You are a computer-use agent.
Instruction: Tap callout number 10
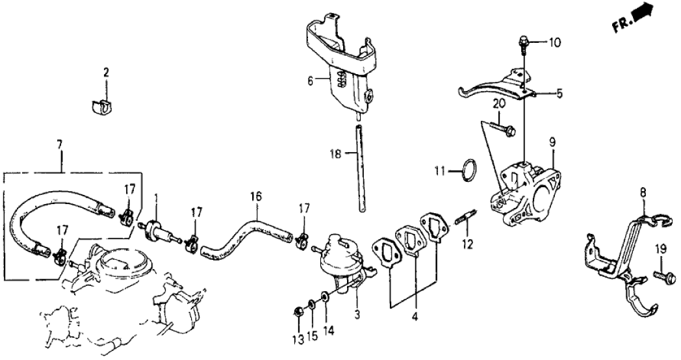(x=554, y=44)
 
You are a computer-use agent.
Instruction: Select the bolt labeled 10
(x=522, y=44)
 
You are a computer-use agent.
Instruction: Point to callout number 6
(x=310, y=81)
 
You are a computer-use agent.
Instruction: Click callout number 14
(x=329, y=330)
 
